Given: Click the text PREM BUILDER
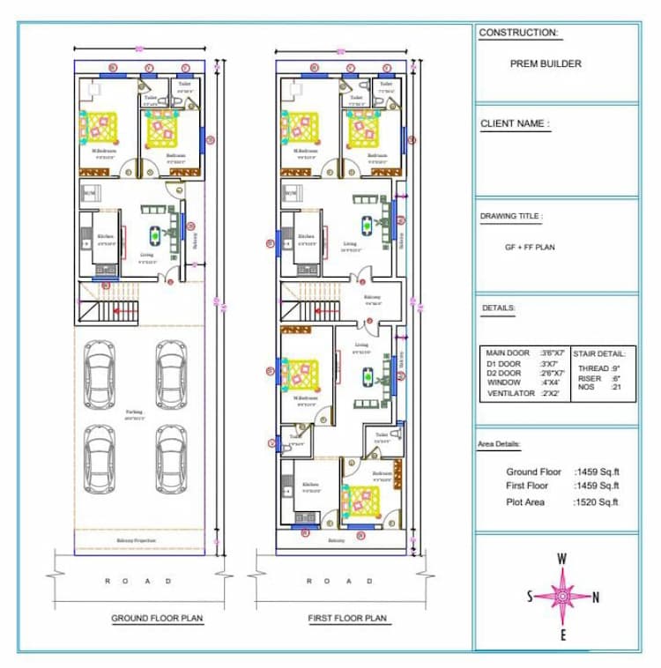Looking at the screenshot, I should pyautogui.click(x=546, y=63).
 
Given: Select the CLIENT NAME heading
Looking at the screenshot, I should pyautogui.click(x=515, y=124).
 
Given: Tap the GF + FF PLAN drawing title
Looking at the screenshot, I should pyautogui.click(x=529, y=248).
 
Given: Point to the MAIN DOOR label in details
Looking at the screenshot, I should pyautogui.click(x=508, y=353).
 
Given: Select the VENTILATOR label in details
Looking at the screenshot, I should pyautogui.click(x=510, y=394).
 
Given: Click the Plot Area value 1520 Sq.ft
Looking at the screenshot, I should pyautogui.click(x=597, y=502).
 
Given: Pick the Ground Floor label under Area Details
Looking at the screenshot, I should pyautogui.click(x=533, y=472).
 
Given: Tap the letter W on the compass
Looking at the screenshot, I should pyautogui.click(x=561, y=558).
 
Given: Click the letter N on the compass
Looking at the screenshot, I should pyautogui.click(x=596, y=597).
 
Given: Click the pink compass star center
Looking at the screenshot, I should pyautogui.click(x=561, y=597).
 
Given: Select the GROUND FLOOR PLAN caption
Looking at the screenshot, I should pyautogui.click(x=157, y=619).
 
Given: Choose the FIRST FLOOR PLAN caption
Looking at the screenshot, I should pyautogui.click(x=347, y=619).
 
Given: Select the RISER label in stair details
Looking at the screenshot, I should pyautogui.click(x=590, y=378).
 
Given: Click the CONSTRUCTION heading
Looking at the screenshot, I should pyautogui.click(x=518, y=33).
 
